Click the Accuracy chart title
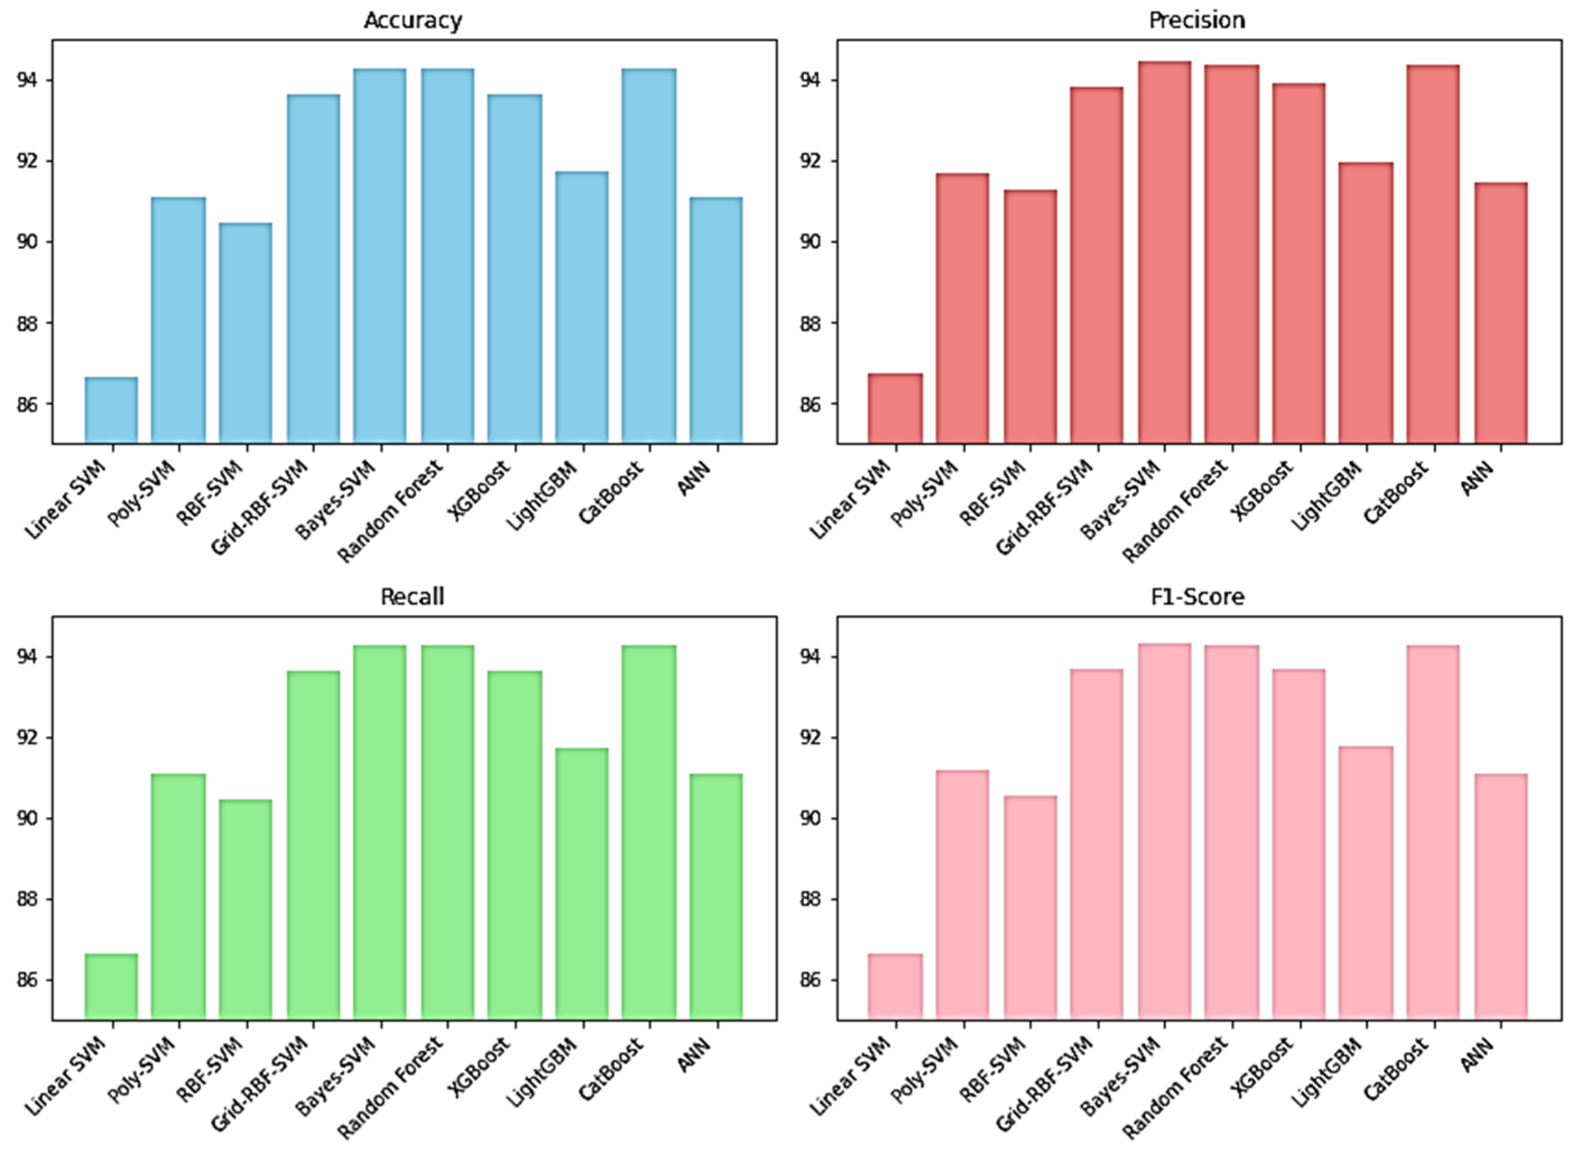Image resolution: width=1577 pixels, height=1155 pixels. [x=413, y=20]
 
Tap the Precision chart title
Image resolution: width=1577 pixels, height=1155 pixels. [x=1197, y=20]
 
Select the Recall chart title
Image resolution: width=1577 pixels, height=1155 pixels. [x=413, y=596]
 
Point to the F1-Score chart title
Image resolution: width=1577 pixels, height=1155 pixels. [x=1197, y=596]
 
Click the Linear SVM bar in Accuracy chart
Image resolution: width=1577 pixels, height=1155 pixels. [x=112, y=410]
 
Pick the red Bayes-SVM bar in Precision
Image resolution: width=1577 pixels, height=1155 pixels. [x=1164, y=252]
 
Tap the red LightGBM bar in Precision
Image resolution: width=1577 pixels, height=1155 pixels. [x=1366, y=303]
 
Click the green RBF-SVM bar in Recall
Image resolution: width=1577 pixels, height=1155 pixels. [x=245, y=909]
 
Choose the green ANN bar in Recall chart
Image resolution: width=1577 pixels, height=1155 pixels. [x=716, y=896]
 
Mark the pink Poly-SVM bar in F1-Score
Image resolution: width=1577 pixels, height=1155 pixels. [x=963, y=894]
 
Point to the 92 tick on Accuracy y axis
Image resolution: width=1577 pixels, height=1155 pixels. [x=26, y=161]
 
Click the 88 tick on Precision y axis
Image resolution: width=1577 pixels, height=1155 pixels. [x=811, y=324]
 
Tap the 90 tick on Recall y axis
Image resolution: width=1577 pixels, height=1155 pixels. [x=26, y=819]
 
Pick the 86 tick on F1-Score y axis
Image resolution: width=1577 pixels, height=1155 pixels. [x=811, y=981]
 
